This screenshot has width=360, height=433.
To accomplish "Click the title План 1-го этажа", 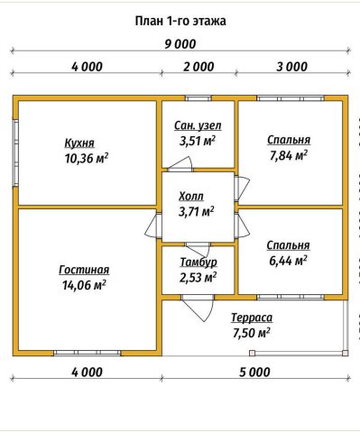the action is [180, 22].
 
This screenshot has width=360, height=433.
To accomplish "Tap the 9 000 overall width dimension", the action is [180, 44].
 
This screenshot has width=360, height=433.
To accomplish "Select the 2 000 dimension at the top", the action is [198, 67].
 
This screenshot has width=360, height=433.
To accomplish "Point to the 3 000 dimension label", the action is [292, 67].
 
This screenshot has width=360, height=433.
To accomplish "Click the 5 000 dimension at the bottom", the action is [254, 373].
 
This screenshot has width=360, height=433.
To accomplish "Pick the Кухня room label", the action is [79, 143].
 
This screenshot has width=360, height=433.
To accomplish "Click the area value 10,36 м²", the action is [87, 158].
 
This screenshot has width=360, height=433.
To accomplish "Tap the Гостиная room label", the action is [84, 270].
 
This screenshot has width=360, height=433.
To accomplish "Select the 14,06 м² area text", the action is [84, 285].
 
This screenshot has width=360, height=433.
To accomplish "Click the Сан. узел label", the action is [198, 125].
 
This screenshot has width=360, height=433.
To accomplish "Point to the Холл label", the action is [191, 197].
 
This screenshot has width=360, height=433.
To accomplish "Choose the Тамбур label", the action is [198, 262].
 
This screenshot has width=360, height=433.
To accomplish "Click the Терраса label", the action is [252, 318].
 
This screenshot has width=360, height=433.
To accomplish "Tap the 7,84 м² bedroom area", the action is [289, 156].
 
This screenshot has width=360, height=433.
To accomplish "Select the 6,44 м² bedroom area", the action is [288, 261].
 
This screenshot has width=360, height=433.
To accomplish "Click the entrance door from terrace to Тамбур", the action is [198, 308].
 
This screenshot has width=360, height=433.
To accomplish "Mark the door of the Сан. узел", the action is [180, 164].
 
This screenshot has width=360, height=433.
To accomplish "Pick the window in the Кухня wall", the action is [15, 152].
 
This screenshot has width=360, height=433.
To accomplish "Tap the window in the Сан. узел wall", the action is [198, 98].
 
